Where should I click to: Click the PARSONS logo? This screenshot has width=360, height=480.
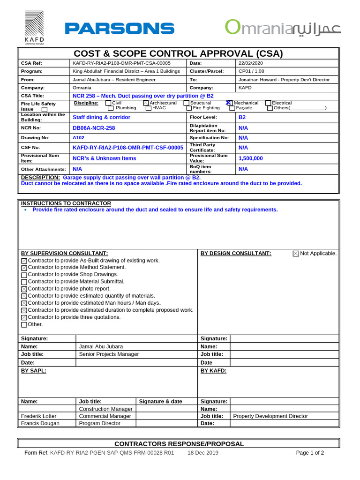point(120,29)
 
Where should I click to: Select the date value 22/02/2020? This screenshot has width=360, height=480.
point(251,63)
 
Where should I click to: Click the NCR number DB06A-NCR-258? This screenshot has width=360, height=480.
point(94,128)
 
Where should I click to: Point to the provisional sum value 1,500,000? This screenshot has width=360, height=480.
point(251,158)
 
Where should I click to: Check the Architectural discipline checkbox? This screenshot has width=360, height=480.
point(146,103)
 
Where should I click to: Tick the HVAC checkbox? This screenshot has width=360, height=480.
point(149,108)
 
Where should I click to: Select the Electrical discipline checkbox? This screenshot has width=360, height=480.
point(268,103)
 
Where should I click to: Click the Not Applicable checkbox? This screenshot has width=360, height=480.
point(296,254)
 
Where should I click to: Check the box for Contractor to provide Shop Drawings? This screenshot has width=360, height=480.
point(24,275)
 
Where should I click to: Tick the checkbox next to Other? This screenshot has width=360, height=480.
point(24,325)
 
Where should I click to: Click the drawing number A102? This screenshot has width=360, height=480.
point(78,138)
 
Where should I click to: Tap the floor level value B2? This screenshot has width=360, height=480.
point(242,117)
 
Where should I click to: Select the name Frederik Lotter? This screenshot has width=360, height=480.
point(39,416)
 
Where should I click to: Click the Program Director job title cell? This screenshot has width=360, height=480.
point(100,423)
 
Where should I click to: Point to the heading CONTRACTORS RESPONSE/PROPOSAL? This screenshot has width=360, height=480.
point(180,444)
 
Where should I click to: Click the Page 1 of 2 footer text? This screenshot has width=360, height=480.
point(310,453)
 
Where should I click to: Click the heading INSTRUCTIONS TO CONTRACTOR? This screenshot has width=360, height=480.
point(66,203)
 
